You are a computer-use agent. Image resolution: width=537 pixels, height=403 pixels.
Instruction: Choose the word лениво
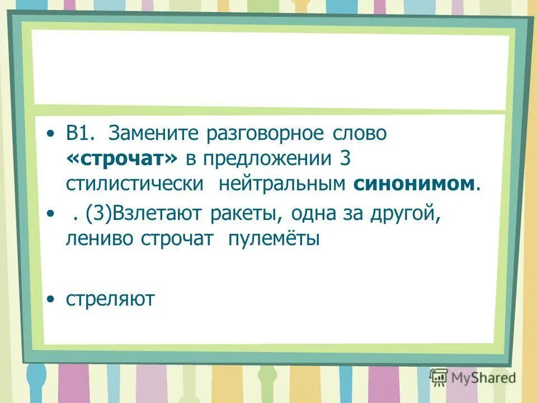[x=100, y=238]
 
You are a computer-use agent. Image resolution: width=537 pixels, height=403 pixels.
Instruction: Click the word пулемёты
[x=273, y=238]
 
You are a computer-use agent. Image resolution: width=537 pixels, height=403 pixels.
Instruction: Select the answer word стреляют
[x=110, y=299]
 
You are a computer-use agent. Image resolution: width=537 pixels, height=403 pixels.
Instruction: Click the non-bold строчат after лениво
[x=177, y=238]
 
